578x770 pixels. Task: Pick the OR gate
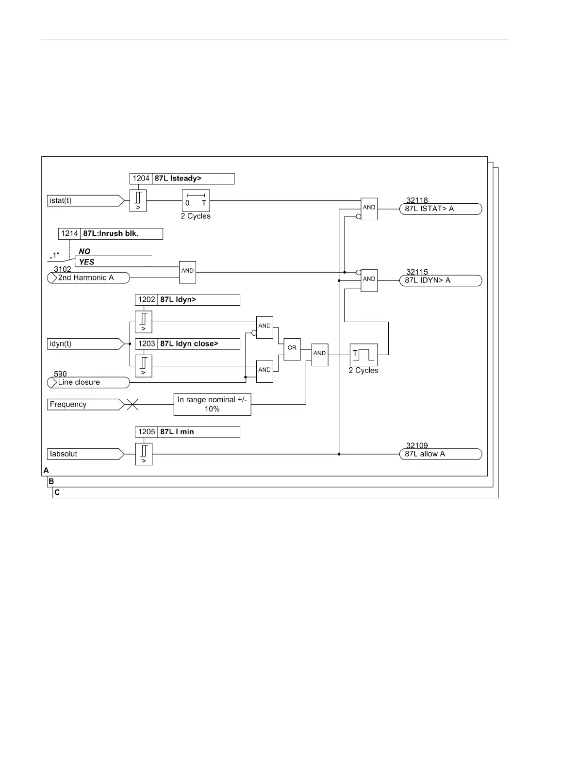[292, 349]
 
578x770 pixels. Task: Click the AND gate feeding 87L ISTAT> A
[369, 209]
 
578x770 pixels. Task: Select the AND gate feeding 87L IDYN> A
[369, 280]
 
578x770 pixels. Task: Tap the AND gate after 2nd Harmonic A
[187, 271]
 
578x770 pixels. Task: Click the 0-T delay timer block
[196, 200]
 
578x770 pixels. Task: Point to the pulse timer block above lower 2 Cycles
[363, 355]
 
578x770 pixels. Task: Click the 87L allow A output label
[441, 454]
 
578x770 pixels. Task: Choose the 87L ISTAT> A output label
[441, 209]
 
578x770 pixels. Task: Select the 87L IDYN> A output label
[441, 280]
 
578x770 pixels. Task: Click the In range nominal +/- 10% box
[212, 404]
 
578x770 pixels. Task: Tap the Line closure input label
[89, 382]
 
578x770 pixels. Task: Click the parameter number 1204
[141, 179]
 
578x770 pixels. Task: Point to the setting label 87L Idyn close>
[198, 344]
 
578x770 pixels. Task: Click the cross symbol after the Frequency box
[132, 405]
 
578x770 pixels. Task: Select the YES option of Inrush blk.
[87, 262]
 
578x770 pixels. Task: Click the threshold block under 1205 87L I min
[144, 454]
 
